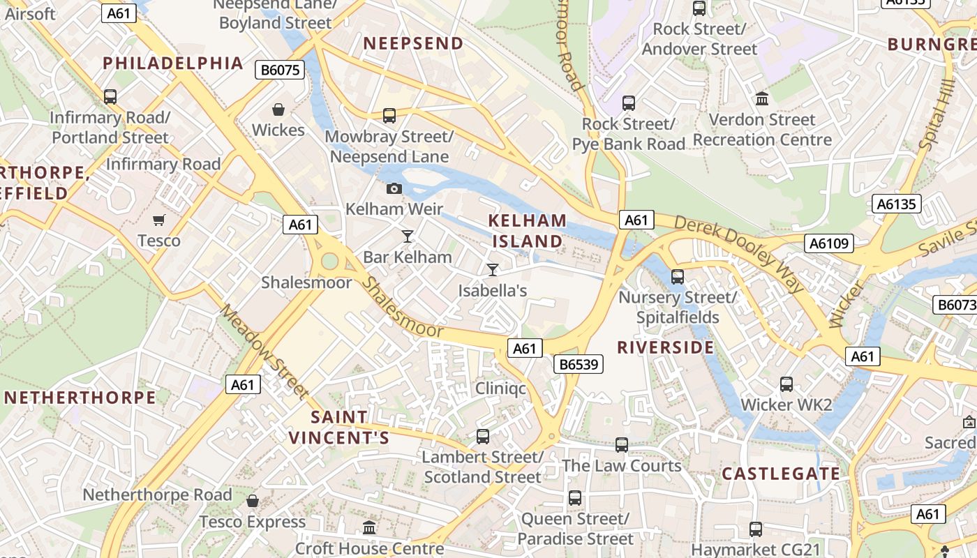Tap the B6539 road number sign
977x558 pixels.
[x=578, y=364]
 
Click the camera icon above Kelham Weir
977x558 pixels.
[x=394, y=188]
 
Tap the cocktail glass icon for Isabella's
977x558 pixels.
[x=493, y=269]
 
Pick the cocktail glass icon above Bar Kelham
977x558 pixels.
[x=408, y=236]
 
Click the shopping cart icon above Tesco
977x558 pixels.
[x=159, y=220]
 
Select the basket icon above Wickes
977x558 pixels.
[x=278, y=110]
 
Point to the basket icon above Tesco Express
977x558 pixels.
[x=253, y=501]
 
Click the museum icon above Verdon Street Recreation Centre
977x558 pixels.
[x=762, y=99]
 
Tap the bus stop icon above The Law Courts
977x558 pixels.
[x=622, y=444]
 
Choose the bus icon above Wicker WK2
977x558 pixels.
[x=786, y=384]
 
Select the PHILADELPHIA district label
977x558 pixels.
[x=173, y=63]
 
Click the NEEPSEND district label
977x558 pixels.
[x=413, y=43]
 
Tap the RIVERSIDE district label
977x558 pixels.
[x=666, y=347]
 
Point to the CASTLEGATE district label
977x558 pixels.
[x=781, y=474]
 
